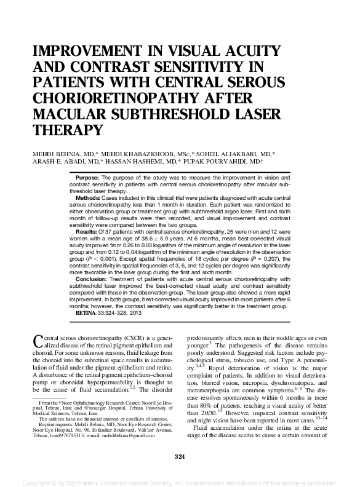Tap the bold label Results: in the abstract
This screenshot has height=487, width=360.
[x=88, y=232]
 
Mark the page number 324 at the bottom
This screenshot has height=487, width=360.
[x=180, y=456]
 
